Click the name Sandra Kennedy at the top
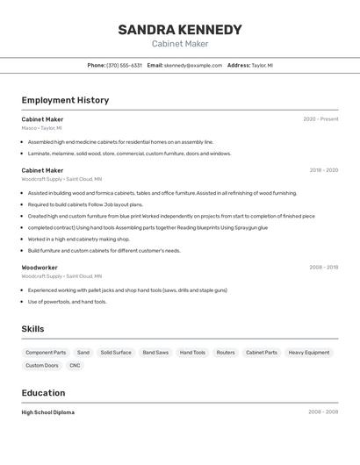coord(180,30)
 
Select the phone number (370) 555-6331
coord(124,66)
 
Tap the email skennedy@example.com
coord(193,66)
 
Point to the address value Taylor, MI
coord(263,66)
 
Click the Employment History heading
coord(65,100)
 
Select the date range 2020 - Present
coord(320,119)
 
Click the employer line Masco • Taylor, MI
coord(41,128)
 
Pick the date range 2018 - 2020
coord(323,170)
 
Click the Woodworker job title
coord(40,268)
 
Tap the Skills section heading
coord(32,329)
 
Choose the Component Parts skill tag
coord(46,353)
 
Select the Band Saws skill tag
coord(155,353)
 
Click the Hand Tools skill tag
coord(192,353)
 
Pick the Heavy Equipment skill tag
coord(309,353)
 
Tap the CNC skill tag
coord(75,366)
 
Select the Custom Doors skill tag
coord(42,366)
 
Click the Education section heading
coord(43,393)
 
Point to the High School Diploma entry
coord(47,412)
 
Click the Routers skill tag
coord(226,353)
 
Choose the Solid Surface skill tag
coord(116,353)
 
